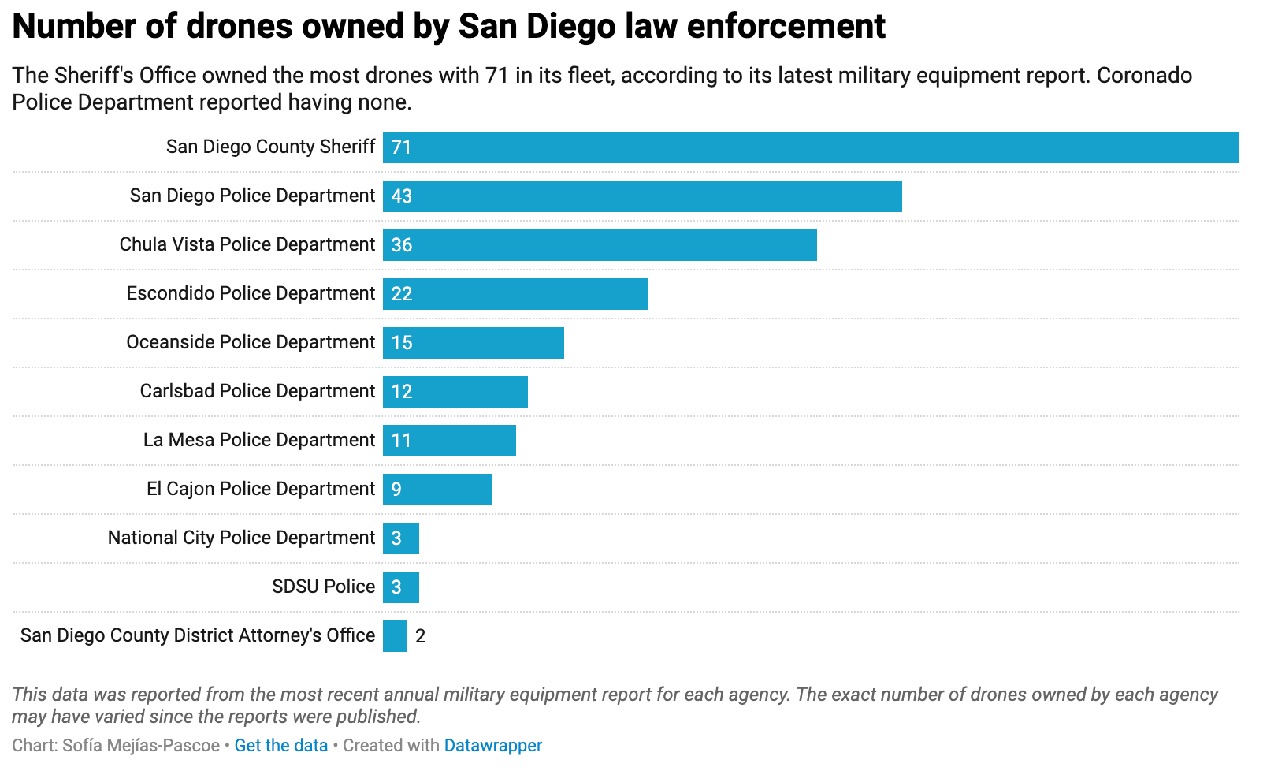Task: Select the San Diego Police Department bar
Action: (x=642, y=196)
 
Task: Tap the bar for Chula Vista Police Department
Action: (x=600, y=245)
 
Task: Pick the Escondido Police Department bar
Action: (x=515, y=294)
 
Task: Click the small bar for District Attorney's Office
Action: (x=395, y=636)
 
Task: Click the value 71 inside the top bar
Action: (x=401, y=147)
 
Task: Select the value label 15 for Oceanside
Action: (x=402, y=343)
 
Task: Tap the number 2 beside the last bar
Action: (x=421, y=636)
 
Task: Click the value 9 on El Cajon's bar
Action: (x=396, y=490)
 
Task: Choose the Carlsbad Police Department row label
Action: (x=257, y=391)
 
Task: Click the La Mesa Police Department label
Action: (x=258, y=440)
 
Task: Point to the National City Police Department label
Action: (x=241, y=538)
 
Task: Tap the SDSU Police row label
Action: (x=323, y=587)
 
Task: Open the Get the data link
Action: (x=280, y=746)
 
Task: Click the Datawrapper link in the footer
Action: (x=493, y=746)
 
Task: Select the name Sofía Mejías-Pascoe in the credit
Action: (x=141, y=746)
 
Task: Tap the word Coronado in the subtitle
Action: (x=1144, y=76)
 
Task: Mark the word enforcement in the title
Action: (x=786, y=26)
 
